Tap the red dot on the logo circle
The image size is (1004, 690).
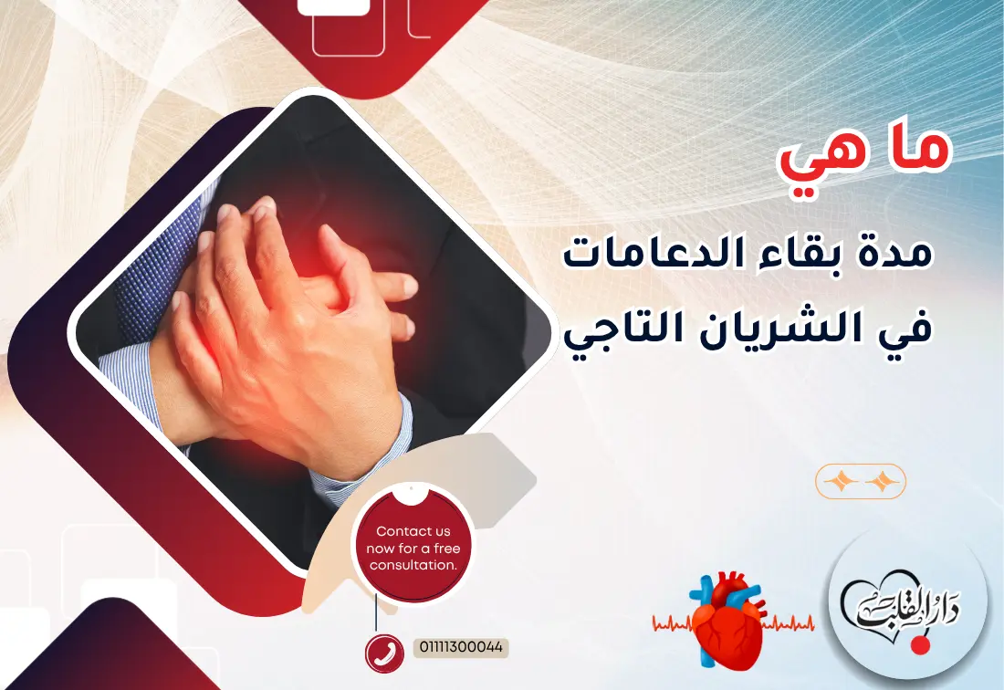pyautogui.click(x=920, y=644)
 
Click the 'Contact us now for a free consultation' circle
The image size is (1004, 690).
pyautogui.click(x=413, y=549)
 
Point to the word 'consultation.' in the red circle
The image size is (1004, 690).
pyautogui.click(x=413, y=566)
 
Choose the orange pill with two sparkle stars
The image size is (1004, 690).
pyautogui.click(x=861, y=481)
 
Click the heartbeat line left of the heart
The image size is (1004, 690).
pyautogui.click(x=674, y=624)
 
